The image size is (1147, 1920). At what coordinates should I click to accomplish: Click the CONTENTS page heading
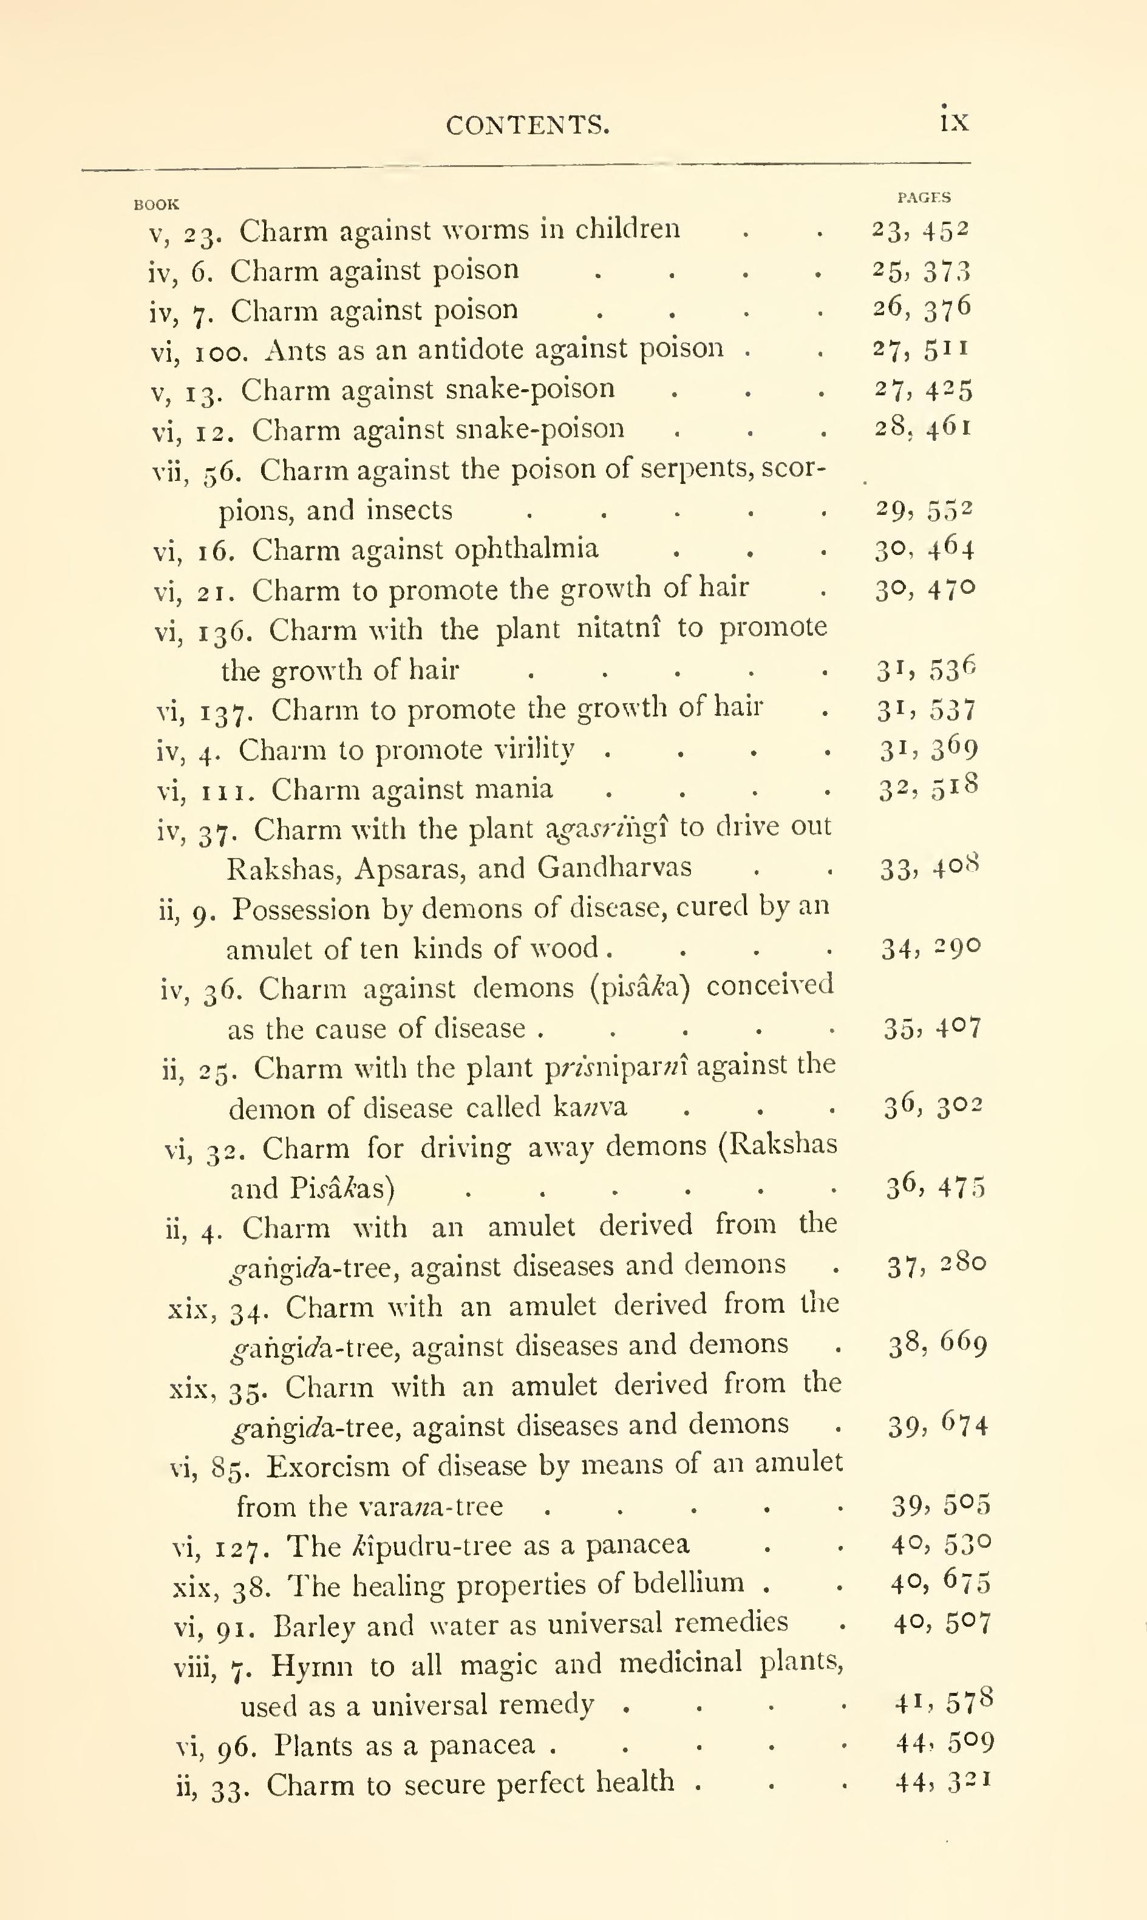point(527,124)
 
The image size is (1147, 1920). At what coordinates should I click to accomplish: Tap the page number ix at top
point(955,121)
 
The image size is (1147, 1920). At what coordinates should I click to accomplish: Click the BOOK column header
point(156,205)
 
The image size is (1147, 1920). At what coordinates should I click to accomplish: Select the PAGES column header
point(924,198)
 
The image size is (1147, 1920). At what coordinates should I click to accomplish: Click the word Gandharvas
point(614,868)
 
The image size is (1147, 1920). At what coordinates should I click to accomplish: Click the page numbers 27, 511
point(920,349)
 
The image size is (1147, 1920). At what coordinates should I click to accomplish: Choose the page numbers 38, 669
point(938,1346)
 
